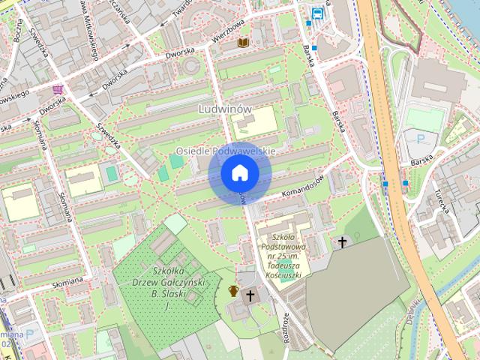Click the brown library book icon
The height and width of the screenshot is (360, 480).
(242, 43)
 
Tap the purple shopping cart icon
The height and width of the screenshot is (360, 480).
(58, 89)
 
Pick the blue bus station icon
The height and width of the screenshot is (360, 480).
(318, 12)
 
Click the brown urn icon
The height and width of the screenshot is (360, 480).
(234, 291)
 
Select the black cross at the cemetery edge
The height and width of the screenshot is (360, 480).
(343, 241)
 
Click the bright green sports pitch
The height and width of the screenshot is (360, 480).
(426, 118)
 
